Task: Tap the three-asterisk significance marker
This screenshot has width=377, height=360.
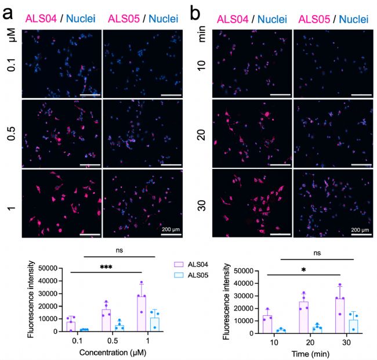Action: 106,267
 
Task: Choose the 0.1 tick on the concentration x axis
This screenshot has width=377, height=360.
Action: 76,340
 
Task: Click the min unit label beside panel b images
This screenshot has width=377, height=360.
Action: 202,39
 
